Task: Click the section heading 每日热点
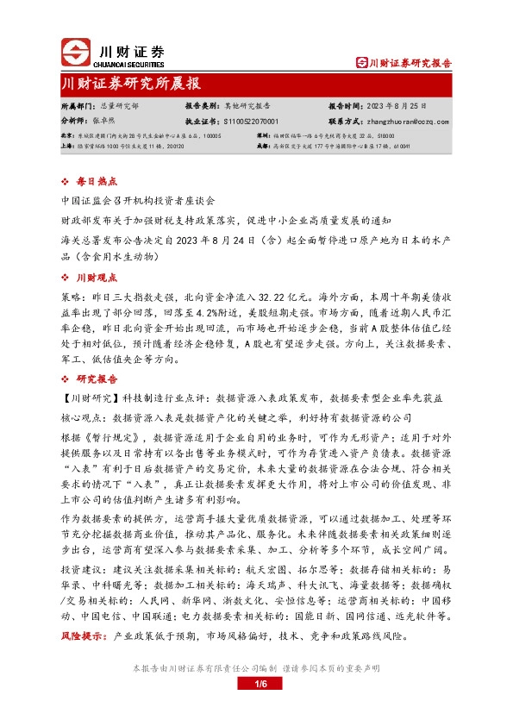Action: [x=91, y=182]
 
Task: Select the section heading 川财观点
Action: [x=91, y=277]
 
